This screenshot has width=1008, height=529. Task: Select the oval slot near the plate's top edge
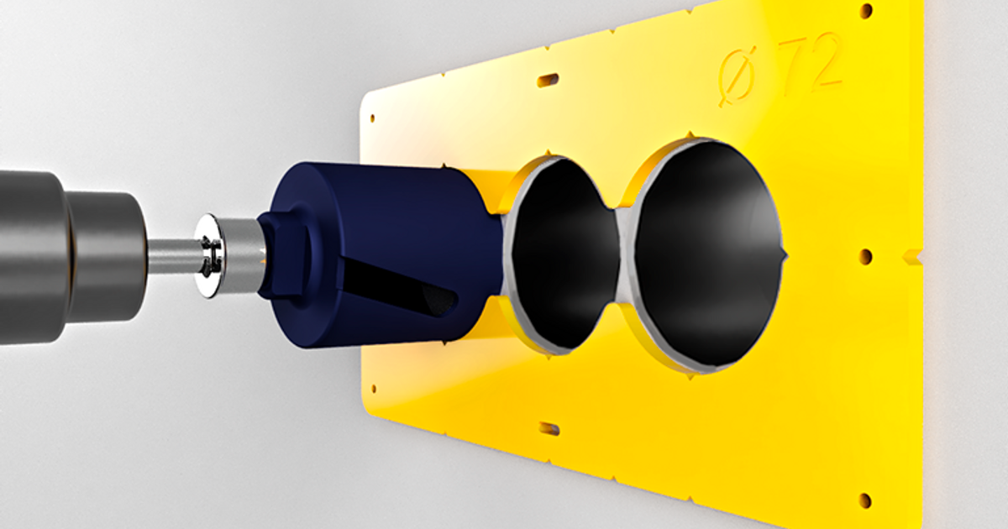click(x=548, y=80)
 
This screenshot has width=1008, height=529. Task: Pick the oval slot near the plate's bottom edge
click(x=549, y=429)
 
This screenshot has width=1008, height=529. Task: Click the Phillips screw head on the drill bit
click(x=208, y=256)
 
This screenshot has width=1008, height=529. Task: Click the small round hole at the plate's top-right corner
click(x=866, y=11)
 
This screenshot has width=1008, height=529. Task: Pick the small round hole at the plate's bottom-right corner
click(x=865, y=500)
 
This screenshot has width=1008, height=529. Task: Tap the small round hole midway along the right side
click(x=865, y=255)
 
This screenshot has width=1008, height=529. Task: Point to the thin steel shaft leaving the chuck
click(x=172, y=256)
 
